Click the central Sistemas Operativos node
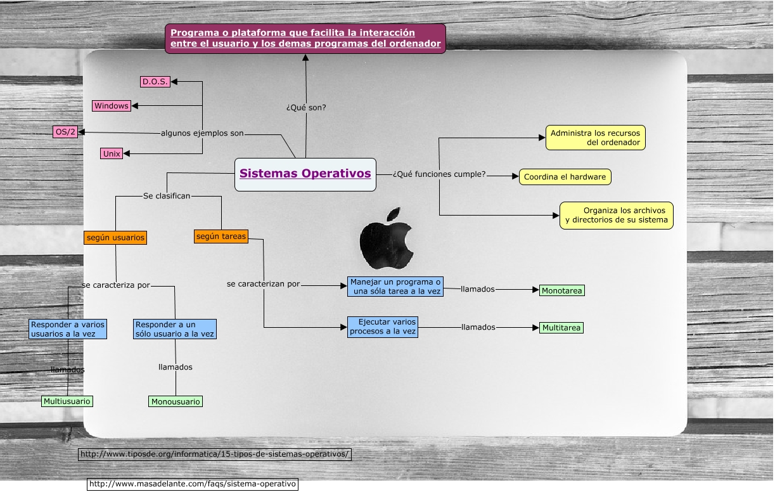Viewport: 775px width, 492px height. coord(305,174)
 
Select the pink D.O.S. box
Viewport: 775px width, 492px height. coord(155,81)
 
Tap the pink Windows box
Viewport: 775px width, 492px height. coord(112,106)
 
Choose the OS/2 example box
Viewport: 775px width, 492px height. coord(65,132)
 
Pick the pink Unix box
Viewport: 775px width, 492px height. coord(112,153)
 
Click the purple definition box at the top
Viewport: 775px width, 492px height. coord(305,39)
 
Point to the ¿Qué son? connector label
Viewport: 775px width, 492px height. coord(306,108)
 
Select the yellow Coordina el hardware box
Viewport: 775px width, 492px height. coord(565,177)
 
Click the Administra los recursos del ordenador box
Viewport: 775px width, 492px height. coord(595,138)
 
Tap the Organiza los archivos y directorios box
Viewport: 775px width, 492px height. coord(616,216)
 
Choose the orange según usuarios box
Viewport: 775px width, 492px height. coord(115,238)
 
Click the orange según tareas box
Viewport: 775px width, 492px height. coord(221,236)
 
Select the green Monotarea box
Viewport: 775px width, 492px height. coord(561,290)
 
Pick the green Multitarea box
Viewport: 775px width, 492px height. coord(561,328)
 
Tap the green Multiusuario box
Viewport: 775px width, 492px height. coord(67,401)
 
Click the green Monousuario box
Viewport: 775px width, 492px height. coord(176,401)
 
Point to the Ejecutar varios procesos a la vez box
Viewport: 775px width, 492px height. coord(383,327)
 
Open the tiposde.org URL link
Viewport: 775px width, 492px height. coord(215,454)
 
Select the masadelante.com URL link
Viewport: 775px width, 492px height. coord(193,484)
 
